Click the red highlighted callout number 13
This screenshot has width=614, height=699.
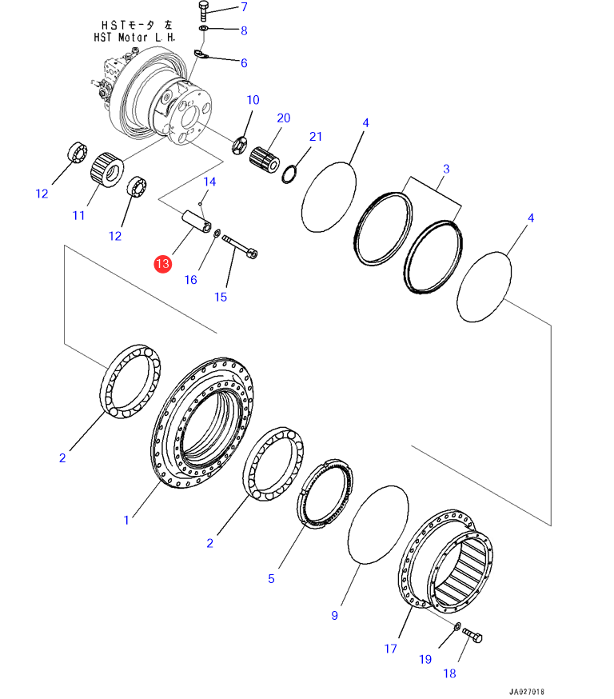(162, 263)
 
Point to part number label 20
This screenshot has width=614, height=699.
(283, 118)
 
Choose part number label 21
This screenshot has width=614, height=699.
(316, 137)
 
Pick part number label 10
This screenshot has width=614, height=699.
(253, 100)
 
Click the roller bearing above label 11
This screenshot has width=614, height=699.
(106, 169)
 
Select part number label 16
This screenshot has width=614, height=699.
(190, 279)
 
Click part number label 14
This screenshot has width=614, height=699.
(209, 182)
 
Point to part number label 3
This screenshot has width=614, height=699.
(446, 169)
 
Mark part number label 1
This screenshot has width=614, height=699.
(126, 520)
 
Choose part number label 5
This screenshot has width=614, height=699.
(271, 578)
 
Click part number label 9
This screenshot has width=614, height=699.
(335, 615)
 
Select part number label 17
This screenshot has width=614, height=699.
(389, 649)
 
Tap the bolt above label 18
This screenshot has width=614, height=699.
(471, 637)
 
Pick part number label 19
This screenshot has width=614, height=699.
(425, 659)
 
